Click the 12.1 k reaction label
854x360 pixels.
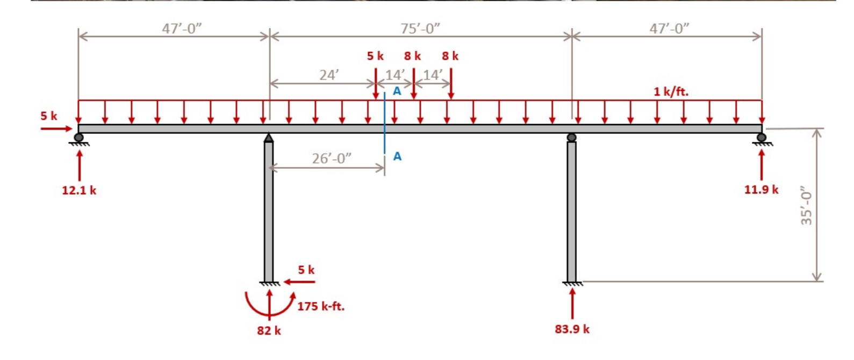coord(79,190)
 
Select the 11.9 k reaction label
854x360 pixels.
coord(761,189)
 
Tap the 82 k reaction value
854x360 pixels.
coord(269,330)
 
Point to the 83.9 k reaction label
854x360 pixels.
coord(572,329)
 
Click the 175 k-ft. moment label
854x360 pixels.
coord(321,307)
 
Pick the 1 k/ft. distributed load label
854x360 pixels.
coord(671,92)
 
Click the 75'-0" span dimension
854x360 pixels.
coord(420,28)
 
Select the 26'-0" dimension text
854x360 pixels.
coord(332,159)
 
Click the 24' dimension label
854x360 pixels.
coord(329,75)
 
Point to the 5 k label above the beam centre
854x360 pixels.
coord(375,56)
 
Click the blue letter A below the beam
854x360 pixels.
coord(397,156)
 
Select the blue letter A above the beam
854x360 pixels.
coord(397,91)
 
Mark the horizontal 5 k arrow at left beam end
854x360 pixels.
coord(56,128)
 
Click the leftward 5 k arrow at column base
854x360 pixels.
coord(299,282)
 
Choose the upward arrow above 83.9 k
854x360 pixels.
coord(572,303)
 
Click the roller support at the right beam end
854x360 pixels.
coord(761,138)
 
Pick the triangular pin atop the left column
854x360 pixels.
coord(269,138)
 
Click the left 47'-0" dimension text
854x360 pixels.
coord(182,28)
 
